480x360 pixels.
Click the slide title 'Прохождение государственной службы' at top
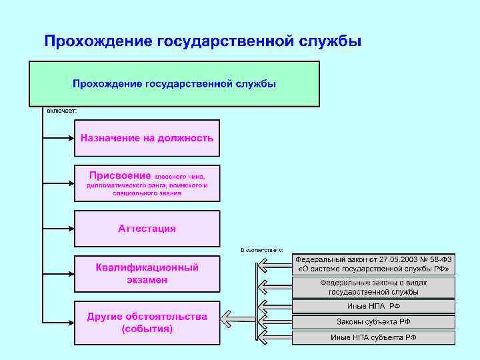(203, 41)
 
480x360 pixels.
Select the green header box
(174, 84)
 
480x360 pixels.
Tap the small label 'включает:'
(61, 111)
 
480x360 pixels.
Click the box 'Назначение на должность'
(147, 138)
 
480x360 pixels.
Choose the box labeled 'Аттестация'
(147, 229)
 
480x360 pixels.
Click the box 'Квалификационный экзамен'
(147, 273)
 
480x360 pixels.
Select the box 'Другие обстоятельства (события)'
(147, 323)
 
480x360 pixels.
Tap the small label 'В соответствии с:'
(262, 250)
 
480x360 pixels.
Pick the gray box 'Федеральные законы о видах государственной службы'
(373, 287)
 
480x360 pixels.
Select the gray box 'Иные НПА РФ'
(373, 306)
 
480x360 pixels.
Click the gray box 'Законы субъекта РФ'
(373, 322)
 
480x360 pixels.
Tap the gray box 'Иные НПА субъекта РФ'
(373, 337)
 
